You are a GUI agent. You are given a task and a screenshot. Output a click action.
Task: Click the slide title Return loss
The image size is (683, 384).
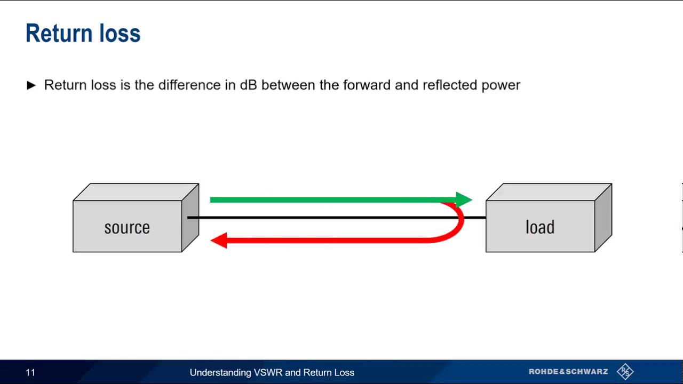83,33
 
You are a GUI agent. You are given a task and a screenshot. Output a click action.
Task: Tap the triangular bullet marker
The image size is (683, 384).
31,85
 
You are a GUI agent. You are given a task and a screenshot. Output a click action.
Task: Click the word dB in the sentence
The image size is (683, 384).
248,85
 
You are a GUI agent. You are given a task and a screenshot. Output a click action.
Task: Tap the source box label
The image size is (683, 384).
127,228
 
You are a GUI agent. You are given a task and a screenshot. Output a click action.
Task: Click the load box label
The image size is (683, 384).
540,228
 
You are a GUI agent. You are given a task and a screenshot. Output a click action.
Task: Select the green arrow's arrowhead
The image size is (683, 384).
464,200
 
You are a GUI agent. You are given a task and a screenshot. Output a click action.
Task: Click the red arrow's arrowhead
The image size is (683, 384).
218,241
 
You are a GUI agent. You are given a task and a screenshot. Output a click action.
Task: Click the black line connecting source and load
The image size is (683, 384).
320,218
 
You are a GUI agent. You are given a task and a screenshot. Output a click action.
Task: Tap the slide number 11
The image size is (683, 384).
30,372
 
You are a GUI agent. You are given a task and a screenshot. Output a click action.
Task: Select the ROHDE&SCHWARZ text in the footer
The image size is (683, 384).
568,372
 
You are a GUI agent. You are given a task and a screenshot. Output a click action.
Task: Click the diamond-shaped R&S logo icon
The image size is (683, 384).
625,371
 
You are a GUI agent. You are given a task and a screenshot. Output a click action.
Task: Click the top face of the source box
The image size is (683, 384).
136,192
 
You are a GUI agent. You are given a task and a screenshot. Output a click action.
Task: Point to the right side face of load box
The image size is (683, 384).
603,218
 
